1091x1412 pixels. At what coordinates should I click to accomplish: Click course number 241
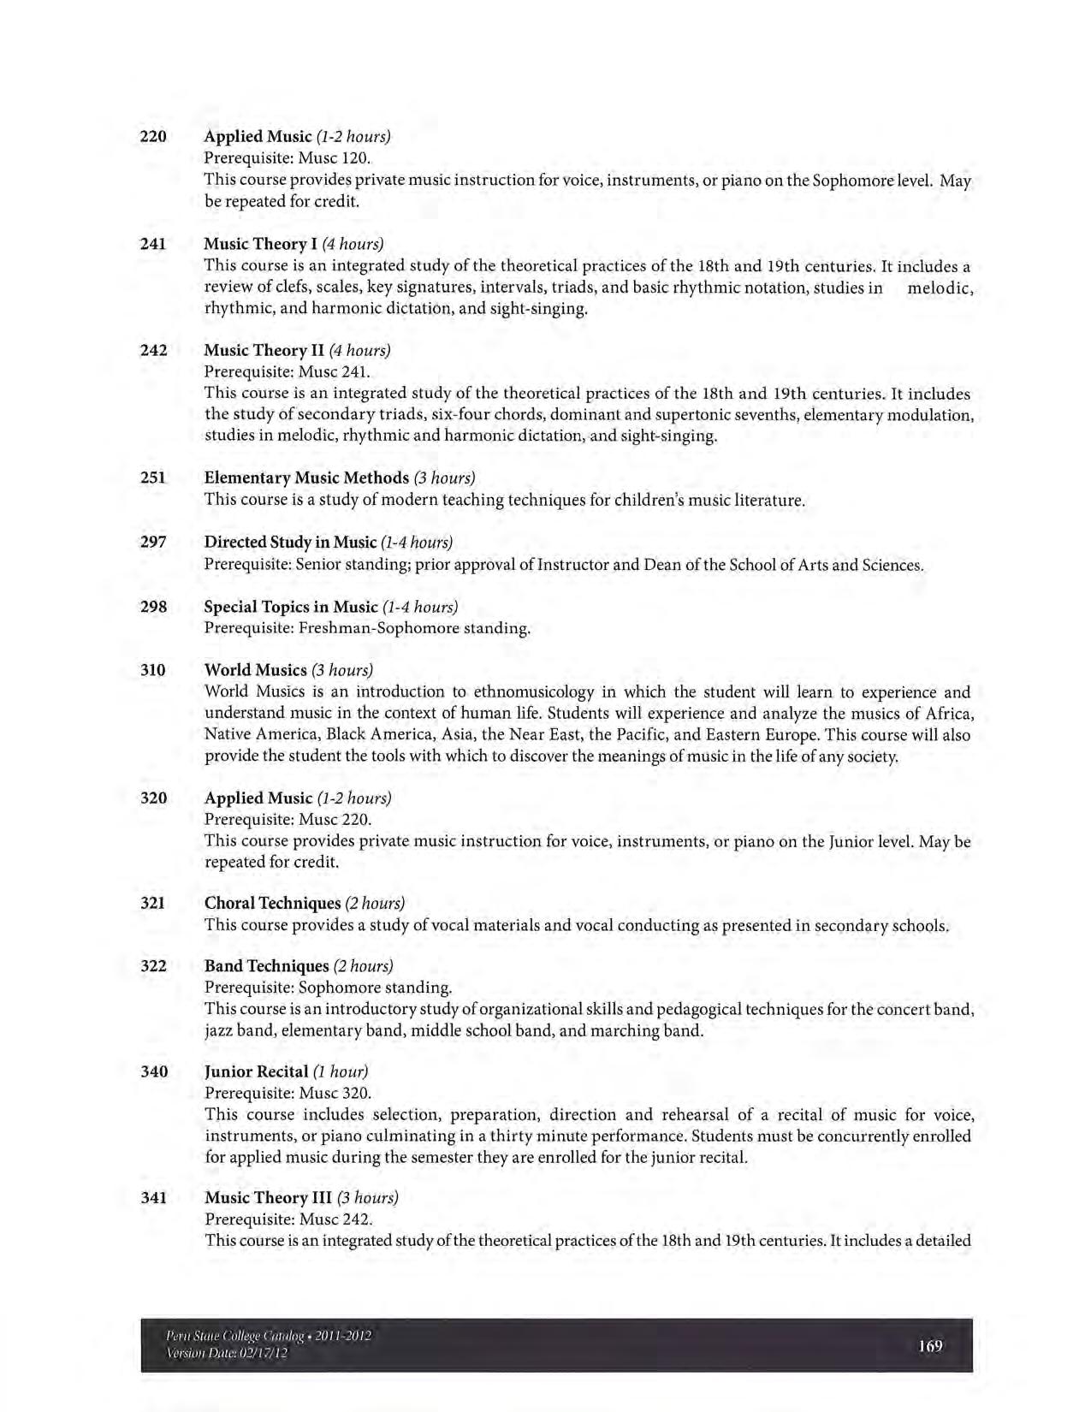coord(152,244)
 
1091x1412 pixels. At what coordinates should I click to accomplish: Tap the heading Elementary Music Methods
coord(306,477)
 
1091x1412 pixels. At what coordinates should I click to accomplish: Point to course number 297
coord(152,542)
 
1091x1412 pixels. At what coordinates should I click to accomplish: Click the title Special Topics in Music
coord(290,607)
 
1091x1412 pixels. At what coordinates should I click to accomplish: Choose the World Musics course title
coord(255,670)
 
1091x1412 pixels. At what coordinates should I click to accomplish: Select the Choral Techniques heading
coord(272,903)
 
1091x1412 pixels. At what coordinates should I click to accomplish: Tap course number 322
coord(153,966)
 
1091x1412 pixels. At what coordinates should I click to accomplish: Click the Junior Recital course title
coord(256,1071)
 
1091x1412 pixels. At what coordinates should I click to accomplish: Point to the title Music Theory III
coord(268,1197)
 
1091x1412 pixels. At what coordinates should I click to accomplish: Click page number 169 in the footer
coord(930,1346)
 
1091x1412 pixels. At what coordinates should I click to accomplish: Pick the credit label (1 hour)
coord(341,1071)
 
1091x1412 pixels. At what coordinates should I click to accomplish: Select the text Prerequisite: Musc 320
coord(288,1093)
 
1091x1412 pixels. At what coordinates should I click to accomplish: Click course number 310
coord(152,670)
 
